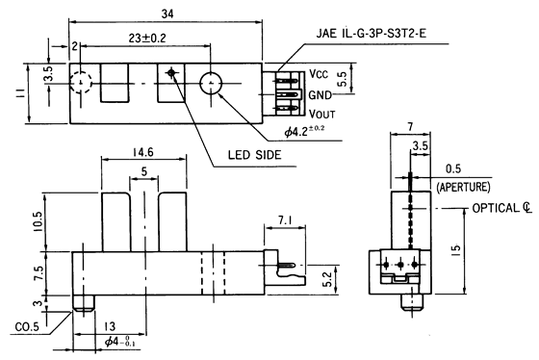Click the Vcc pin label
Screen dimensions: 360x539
pos(320,74)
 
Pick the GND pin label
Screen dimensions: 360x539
pos(321,94)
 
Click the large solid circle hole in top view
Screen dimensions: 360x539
pos(212,84)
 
